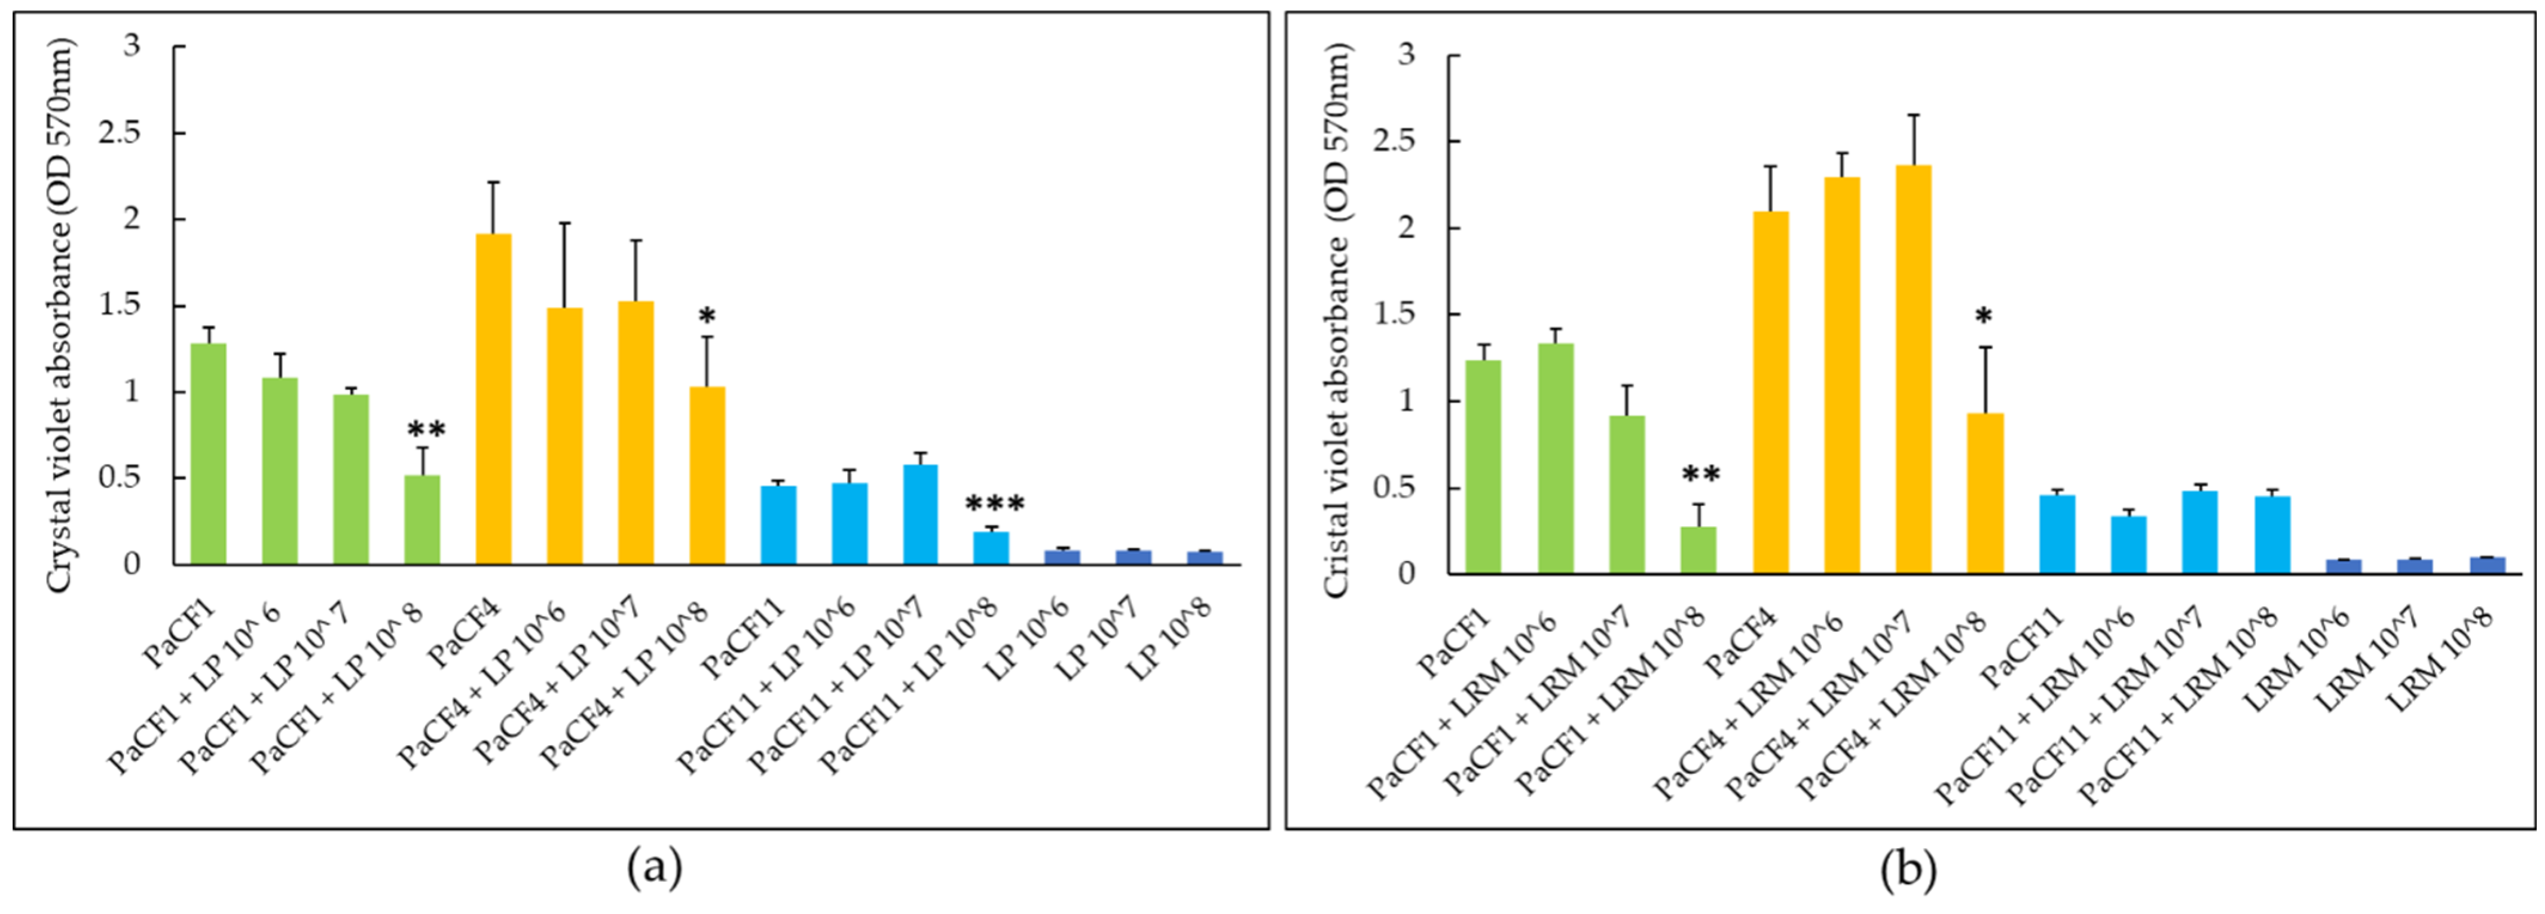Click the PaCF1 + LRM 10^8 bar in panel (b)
pos(1698,549)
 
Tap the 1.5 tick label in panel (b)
pos(1394,314)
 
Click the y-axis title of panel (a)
pos(59,316)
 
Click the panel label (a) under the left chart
pos(654,869)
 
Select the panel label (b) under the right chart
pos(1908,869)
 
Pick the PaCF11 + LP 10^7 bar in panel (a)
pos(921,514)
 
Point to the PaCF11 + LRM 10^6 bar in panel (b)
pos(2128,544)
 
